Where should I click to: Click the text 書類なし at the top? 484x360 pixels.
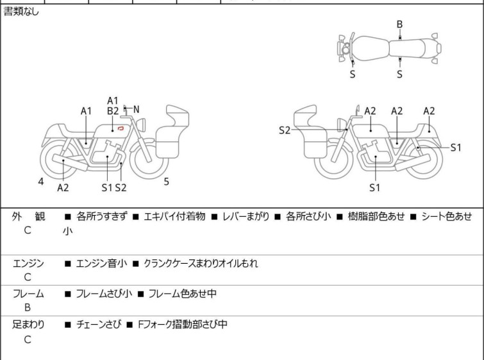tap(21, 12)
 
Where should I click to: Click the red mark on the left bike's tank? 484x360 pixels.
tap(120, 129)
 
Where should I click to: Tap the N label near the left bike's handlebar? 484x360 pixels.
tap(136, 110)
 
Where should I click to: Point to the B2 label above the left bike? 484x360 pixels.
tap(113, 111)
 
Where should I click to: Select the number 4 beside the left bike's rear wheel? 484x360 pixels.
tap(41, 182)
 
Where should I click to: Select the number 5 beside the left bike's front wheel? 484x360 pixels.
tap(166, 182)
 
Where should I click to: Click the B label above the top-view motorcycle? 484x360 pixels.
tap(399, 24)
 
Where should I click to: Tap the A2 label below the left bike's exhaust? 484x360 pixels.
tap(63, 187)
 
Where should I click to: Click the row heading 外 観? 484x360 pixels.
tap(29, 217)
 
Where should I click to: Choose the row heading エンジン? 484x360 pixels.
tap(29, 264)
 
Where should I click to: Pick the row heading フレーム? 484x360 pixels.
tap(29, 294)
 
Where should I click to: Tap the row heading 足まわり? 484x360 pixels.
tap(29, 325)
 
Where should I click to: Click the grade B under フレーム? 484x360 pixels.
tap(28, 308)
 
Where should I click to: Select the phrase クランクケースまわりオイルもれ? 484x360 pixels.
tap(201, 264)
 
